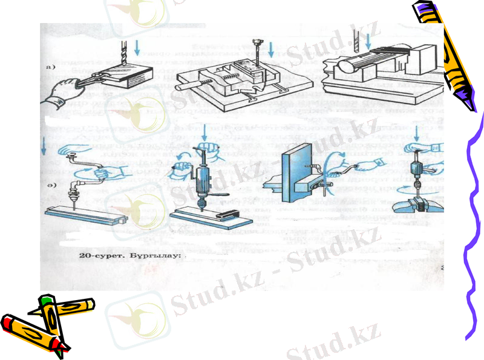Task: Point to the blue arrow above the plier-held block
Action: [138, 45]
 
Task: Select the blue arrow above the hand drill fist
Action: [206, 131]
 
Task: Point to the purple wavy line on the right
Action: [475, 230]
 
